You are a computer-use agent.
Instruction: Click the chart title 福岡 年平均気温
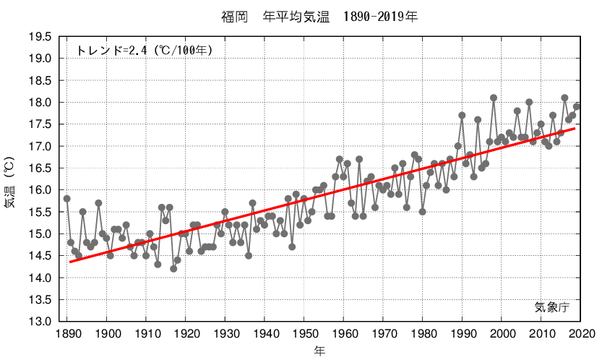tap(319, 15)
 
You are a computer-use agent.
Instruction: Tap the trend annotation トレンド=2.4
tap(144, 51)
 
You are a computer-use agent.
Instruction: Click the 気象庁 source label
tap(552, 307)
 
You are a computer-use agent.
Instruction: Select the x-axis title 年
tap(319, 351)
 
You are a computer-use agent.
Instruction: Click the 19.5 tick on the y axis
tap(39, 37)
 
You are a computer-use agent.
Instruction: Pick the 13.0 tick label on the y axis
tap(39, 322)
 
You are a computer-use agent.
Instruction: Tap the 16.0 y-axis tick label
tap(39, 190)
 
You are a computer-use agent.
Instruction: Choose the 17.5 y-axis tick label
tap(39, 124)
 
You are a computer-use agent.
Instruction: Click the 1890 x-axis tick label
tap(66, 334)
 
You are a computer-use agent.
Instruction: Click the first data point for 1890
tap(66, 199)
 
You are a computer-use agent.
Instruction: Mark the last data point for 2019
tap(577, 107)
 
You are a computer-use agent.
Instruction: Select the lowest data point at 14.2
tap(173, 269)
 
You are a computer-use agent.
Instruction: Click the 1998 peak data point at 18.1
tap(494, 98)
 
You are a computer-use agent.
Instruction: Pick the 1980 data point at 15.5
tap(422, 212)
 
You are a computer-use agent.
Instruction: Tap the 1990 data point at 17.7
tap(462, 116)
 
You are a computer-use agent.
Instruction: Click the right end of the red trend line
tap(575, 129)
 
